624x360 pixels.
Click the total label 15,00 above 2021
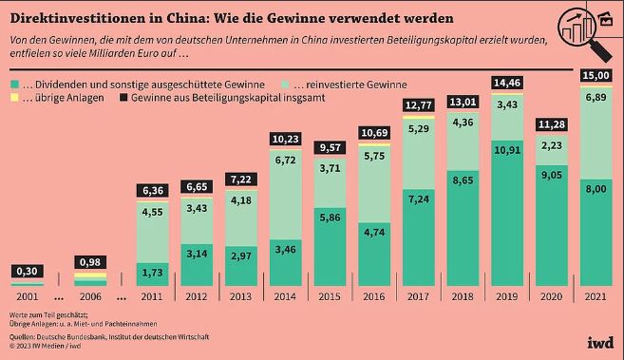click(x=596, y=75)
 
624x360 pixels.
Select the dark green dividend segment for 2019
click(x=507, y=213)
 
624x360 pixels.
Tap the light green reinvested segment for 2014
click(x=286, y=195)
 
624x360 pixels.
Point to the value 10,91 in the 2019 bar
click(x=507, y=150)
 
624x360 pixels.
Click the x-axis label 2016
click(x=374, y=296)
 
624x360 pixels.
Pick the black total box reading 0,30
click(x=28, y=272)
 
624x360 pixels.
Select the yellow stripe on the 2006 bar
click(x=90, y=275)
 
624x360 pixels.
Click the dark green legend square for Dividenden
click(x=14, y=85)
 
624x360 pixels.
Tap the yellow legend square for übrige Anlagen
click(x=14, y=98)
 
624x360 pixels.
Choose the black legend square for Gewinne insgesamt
click(x=123, y=98)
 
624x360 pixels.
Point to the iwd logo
click(x=600, y=342)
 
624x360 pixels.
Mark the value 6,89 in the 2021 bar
click(x=596, y=97)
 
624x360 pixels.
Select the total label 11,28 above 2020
click(x=552, y=124)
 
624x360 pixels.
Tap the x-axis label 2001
click(x=28, y=296)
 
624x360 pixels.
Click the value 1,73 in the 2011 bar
click(x=152, y=273)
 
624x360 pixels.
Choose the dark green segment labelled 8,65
click(x=463, y=228)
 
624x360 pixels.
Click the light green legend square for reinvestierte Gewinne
click(x=285, y=85)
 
